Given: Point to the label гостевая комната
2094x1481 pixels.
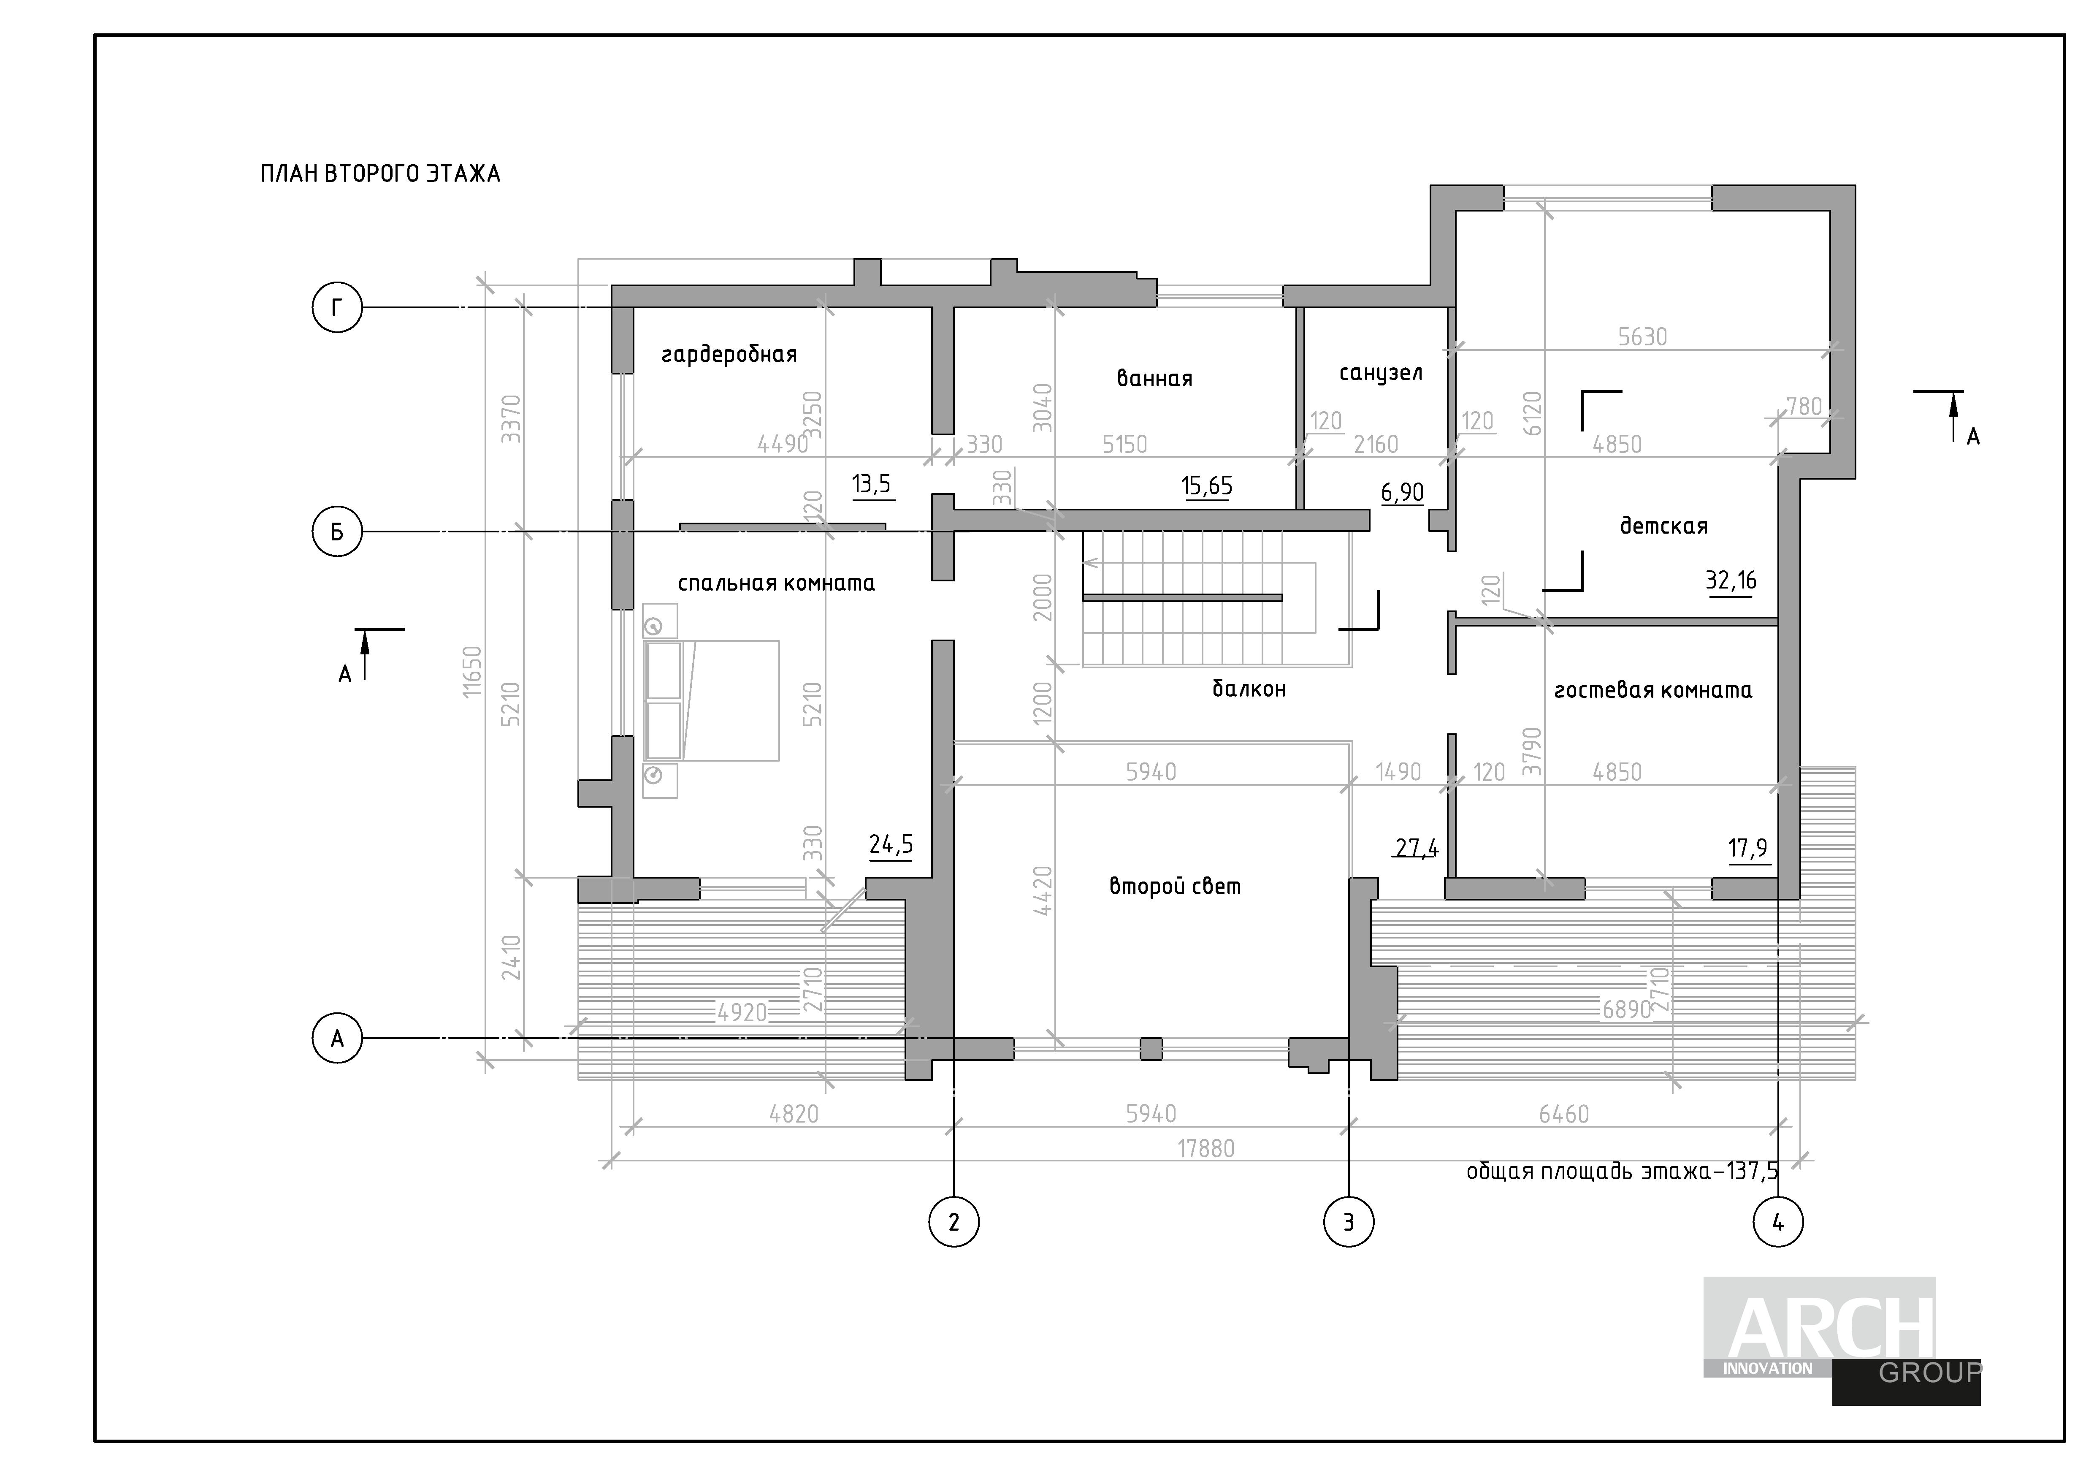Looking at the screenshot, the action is [x=1652, y=690].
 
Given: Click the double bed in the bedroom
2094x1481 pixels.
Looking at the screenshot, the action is [x=711, y=700].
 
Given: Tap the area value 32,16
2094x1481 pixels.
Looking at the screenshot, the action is [x=1730, y=581].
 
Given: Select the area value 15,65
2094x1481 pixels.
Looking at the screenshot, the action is [x=1207, y=486].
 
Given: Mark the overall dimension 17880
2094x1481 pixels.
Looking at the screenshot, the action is [x=1205, y=1148].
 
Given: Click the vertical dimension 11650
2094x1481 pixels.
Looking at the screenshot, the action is [x=471, y=672].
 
